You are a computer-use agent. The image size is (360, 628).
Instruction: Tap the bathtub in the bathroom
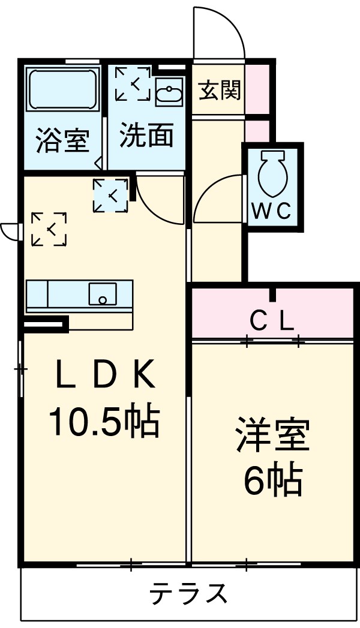click(x=63, y=90)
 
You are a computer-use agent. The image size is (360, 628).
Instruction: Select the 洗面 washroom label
click(x=146, y=136)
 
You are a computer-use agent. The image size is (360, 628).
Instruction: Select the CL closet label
click(x=271, y=323)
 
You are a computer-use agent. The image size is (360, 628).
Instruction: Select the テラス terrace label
click(x=188, y=594)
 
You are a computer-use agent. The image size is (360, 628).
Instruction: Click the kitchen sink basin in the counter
click(x=103, y=295)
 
